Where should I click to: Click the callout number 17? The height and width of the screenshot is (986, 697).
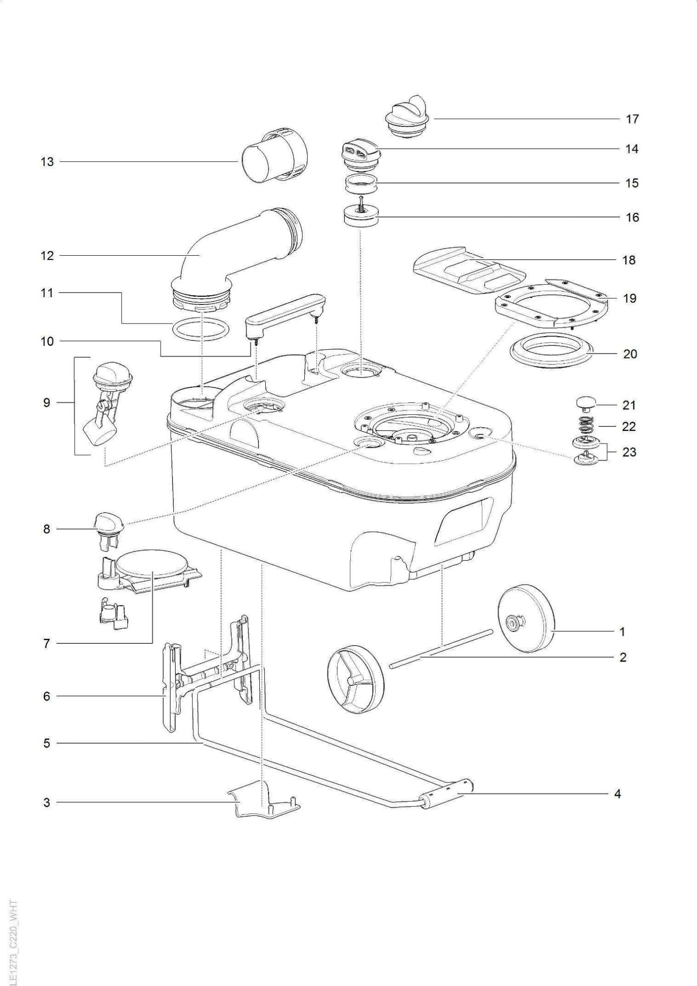pos(632,119)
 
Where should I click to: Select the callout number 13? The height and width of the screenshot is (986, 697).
pos(47,162)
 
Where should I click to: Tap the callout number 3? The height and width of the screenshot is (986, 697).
pos(46,802)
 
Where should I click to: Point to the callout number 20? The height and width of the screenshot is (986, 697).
pos(630,354)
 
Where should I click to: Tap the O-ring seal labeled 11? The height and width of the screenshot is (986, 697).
pos(201,330)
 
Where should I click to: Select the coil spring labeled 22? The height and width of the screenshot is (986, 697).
pos(586,425)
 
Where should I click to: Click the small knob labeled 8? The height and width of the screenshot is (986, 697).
pos(108,526)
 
